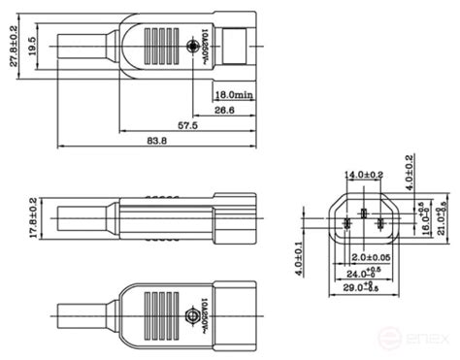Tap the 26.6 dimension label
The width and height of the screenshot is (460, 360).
(224, 111)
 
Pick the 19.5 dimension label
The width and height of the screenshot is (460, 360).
(34, 46)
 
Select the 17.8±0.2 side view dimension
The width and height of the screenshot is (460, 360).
(33, 218)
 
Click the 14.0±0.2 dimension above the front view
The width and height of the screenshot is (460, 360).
(363, 175)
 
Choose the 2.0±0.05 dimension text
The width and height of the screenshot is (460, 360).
(371, 257)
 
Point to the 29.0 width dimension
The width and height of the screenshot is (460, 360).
(365, 287)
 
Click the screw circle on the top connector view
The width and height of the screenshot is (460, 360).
(191, 47)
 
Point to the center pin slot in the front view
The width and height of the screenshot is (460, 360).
(364, 213)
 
